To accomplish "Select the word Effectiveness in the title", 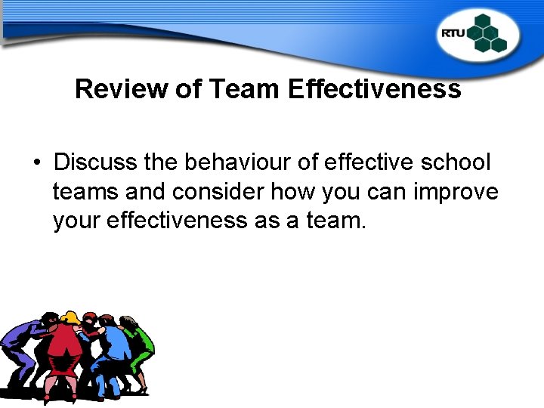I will point(374,89).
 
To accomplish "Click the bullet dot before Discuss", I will point(36,162).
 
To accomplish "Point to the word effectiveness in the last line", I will point(172,221).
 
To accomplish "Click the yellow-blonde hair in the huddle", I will point(71,317).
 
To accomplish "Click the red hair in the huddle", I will point(91,318).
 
